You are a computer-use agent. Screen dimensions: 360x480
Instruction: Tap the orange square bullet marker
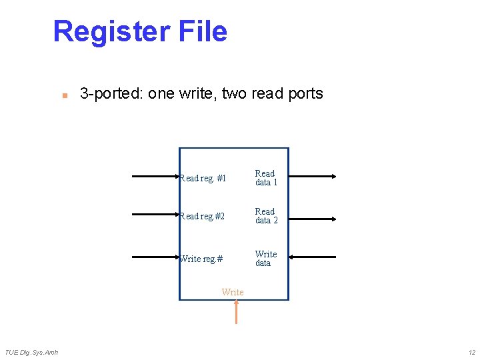(64, 95)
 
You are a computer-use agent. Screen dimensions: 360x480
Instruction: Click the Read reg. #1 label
(203, 179)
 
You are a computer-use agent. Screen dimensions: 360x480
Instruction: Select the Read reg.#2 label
(203, 217)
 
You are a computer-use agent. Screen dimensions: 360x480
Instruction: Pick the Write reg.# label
(201, 259)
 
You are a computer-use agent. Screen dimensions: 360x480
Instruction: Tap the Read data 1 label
(266, 178)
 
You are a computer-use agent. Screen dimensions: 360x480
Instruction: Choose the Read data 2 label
(266, 216)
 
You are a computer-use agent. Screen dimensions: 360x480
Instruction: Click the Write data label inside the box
(265, 259)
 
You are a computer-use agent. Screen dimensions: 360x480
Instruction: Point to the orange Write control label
(233, 292)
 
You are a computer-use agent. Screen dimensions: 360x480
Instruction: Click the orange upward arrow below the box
(236, 312)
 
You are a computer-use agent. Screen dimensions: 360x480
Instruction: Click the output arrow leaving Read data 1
(313, 177)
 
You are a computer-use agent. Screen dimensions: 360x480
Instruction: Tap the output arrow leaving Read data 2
(313, 215)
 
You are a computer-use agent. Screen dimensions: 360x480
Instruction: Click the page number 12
(471, 352)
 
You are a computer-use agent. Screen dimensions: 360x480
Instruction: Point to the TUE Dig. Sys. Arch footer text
(31, 352)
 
